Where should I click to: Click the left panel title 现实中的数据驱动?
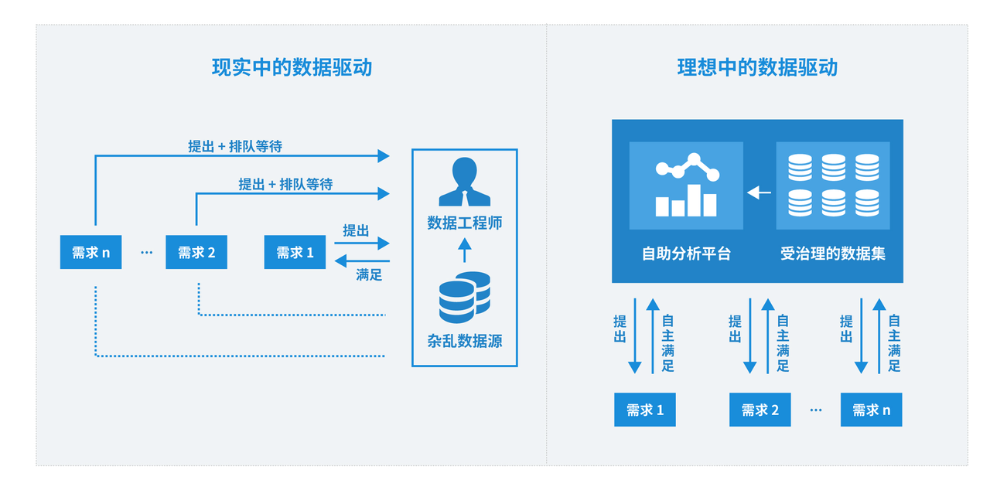click(x=292, y=67)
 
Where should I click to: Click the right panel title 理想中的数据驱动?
click(x=757, y=67)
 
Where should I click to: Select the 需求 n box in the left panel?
click(x=91, y=252)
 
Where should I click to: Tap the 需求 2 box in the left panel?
click(x=196, y=252)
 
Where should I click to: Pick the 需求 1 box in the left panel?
click(x=295, y=252)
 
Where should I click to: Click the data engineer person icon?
click(x=464, y=182)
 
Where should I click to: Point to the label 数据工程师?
click(x=464, y=223)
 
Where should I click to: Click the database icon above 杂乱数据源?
click(x=464, y=297)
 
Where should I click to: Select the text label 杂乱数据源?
click(x=464, y=341)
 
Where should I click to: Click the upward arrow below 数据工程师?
click(x=464, y=250)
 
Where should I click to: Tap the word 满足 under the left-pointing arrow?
click(x=369, y=274)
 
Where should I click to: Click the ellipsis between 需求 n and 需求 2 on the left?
click(x=147, y=253)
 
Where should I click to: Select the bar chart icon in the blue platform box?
click(x=686, y=186)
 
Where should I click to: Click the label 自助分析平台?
click(x=686, y=254)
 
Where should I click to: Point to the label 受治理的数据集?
click(x=833, y=254)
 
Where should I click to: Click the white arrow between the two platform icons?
click(x=760, y=192)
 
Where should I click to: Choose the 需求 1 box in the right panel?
click(x=645, y=410)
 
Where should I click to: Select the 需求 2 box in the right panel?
click(x=760, y=410)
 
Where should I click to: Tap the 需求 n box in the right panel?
click(x=871, y=410)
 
